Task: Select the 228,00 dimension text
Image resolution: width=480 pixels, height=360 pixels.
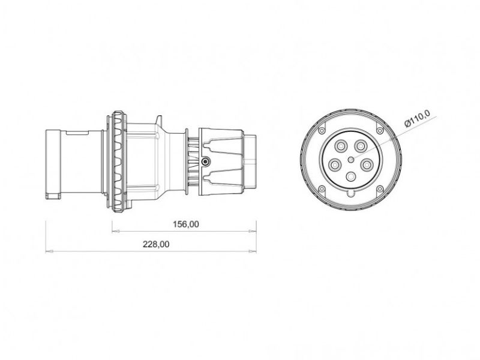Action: (x=156, y=244)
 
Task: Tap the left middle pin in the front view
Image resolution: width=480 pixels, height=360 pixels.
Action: (x=336, y=163)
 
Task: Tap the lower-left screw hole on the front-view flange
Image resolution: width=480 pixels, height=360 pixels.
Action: (x=323, y=189)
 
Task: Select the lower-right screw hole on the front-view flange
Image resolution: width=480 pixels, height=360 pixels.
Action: (x=379, y=189)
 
